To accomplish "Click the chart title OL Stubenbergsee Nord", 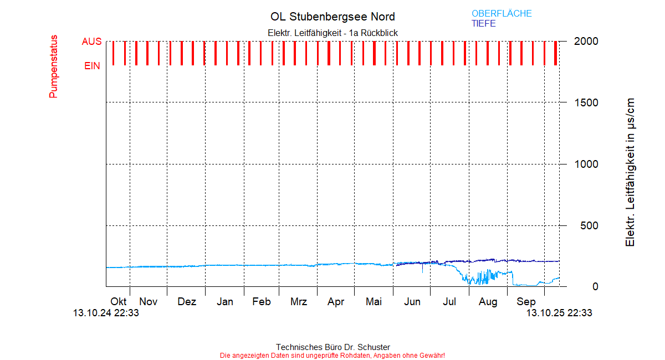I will coord(332,17).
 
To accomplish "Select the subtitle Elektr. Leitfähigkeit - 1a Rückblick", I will coord(332,33).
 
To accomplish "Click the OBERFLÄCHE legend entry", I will coord(502,13).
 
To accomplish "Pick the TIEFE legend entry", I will coord(484,24).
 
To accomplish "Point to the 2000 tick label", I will coord(586,42).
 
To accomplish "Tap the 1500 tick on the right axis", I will coord(586,102).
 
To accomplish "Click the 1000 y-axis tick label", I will coord(586,164).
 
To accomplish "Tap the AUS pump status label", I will coord(91,42).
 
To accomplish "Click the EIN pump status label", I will coord(92,66).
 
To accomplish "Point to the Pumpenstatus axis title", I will coord(54,66).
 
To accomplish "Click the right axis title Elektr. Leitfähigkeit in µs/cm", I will coord(630,172).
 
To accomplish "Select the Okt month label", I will coord(118,302).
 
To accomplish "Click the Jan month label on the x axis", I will coord(224,302).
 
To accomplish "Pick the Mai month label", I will coord(374,302).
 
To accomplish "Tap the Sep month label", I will coord(526,302).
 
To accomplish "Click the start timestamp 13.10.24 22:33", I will coord(106,313).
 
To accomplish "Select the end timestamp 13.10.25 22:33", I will coord(559,313).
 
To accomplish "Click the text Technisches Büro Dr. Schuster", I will coord(332,347).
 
